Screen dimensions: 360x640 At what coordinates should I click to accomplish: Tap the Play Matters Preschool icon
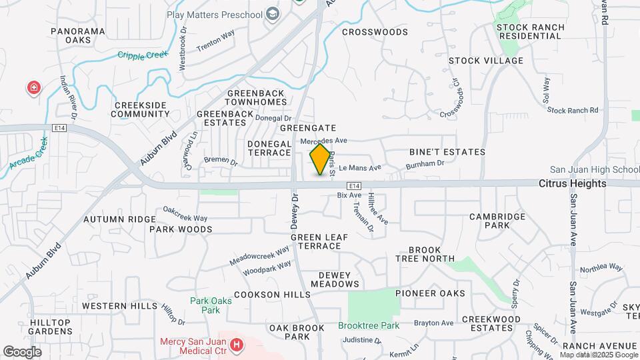pos(272,14)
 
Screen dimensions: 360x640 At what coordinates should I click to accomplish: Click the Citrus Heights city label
pos(573,183)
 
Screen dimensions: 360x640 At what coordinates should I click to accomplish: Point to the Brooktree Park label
pos(369,326)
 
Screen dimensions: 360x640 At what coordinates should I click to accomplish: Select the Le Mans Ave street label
pos(360,168)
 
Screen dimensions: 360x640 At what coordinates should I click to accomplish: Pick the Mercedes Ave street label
pos(324,141)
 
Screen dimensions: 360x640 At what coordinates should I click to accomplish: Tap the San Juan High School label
pos(595,170)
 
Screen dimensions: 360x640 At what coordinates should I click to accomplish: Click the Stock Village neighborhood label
pos(486,61)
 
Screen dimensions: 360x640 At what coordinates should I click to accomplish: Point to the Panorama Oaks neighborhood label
pos(78,35)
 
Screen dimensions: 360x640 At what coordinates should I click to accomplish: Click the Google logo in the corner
pos(22,351)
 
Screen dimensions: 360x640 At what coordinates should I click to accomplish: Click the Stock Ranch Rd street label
pos(573,110)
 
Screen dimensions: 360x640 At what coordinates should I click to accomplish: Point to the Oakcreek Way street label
pos(185,217)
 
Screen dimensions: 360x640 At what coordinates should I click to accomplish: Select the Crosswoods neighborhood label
pos(375,31)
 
